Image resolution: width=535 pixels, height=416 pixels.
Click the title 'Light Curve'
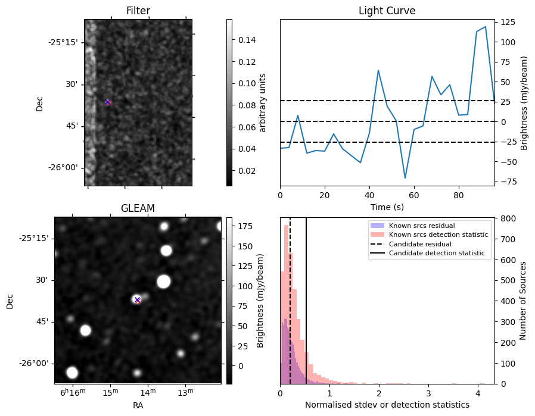[x=387, y=11]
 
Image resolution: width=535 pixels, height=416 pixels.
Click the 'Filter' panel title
[x=138, y=11]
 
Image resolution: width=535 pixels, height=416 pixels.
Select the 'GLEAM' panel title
[x=138, y=208]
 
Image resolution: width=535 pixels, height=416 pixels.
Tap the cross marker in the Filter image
[x=107, y=102]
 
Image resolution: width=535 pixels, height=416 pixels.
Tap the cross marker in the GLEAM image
[x=138, y=300]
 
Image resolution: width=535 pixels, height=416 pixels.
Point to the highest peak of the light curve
[x=486, y=27]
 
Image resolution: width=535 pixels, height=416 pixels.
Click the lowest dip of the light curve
[x=405, y=178]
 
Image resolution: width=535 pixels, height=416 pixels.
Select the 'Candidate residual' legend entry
[x=420, y=244]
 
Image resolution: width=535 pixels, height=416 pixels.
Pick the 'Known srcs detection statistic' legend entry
[x=438, y=234]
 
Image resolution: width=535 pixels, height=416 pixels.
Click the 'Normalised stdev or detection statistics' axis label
[x=387, y=405]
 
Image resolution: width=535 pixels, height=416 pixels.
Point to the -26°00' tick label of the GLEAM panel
[x=33, y=364]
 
